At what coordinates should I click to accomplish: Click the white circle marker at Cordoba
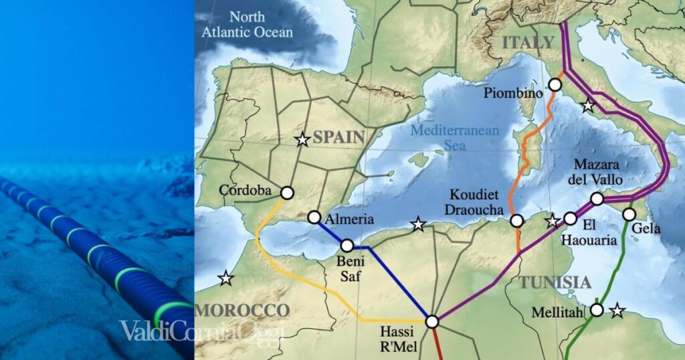pos(287,193)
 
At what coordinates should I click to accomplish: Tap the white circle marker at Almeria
pos(314,217)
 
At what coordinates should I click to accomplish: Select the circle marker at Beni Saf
pos(347,246)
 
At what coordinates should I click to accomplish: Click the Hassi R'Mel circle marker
pos(432,322)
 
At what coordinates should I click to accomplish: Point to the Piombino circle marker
pos(555,84)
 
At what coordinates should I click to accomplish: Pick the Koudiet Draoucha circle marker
pos(516,220)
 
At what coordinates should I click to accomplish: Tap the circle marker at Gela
pos(629,214)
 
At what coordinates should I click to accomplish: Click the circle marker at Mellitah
pos(597,310)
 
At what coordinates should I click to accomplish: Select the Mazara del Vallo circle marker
pos(597,199)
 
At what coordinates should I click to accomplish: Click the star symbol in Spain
pos(302,139)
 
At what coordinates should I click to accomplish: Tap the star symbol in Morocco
pos(226,278)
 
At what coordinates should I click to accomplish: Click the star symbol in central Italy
pos(587,105)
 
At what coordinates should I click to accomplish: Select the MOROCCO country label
pos(242,310)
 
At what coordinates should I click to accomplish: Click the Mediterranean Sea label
pos(455,137)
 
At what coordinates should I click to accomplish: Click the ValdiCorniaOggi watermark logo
pos(203,331)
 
